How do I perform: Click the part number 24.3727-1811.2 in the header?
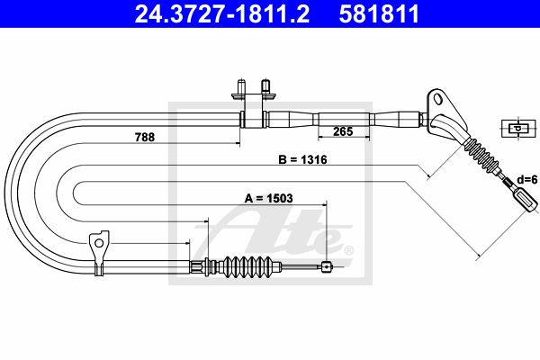(x=222, y=13)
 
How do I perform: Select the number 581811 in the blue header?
(x=379, y=13)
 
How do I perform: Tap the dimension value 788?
(x=145, y=137)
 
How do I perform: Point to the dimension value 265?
(x=343, y=131)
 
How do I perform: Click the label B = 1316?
(x=302, y=160)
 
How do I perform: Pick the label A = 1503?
(x=268, y=198)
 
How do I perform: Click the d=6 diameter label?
(x=526, y=179)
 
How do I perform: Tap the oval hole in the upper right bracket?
(x=438, y=99)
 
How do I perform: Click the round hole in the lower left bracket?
(x=99, y=244)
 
